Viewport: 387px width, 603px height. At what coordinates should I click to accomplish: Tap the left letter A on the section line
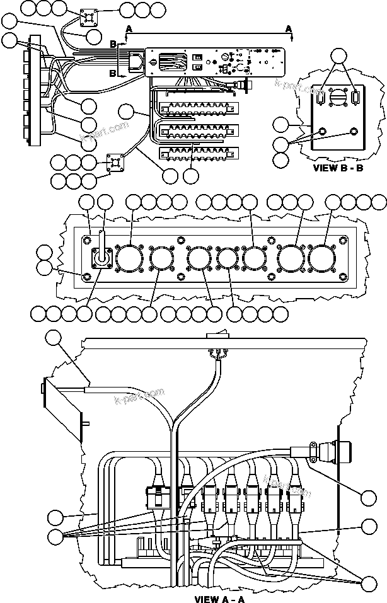pos(129,29)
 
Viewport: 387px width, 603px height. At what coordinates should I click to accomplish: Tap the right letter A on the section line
pos(289,29)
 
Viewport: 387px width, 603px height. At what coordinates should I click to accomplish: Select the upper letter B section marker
pos(113,43)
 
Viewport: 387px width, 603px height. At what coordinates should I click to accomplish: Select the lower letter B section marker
pos(113,73)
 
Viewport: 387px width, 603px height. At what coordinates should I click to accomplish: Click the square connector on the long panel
pos(101,258)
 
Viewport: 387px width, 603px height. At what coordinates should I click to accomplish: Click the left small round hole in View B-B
pos(323,132)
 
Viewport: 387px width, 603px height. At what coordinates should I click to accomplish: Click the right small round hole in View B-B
pos(352,132)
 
